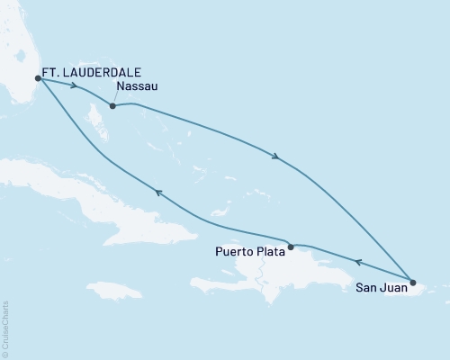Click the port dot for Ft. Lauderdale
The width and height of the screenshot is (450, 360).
click(x=38, y=78)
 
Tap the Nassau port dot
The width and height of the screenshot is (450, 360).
click(x=112, y=106)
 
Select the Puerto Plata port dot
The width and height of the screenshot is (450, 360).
click(x=290, y=246)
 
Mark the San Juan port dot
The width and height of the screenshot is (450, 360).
click(x=412, y=282)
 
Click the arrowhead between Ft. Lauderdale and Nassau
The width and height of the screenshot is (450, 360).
click(x=74, y=88)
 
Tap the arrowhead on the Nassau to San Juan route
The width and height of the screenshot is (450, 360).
click(x=276, y=158)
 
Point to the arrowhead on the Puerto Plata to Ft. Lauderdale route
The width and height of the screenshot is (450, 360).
click(x=157, y=192)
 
